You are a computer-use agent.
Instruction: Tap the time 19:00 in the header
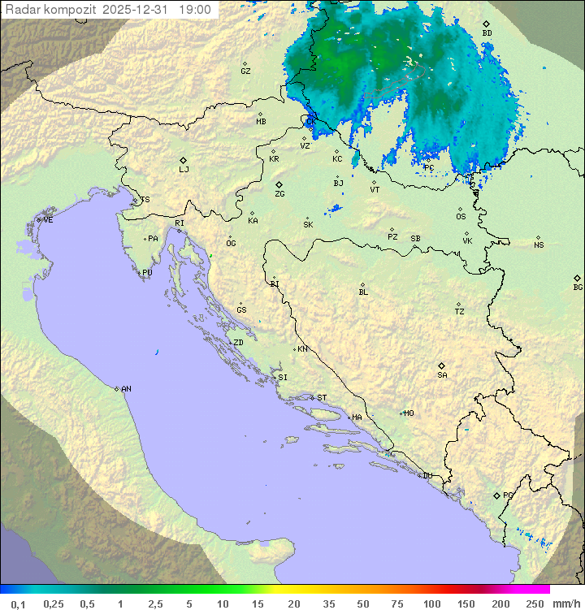pos(194,10)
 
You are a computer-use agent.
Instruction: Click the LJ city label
pos(184,170)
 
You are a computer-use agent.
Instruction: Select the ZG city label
pos(279,194)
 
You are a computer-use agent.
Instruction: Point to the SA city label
pos(442,375)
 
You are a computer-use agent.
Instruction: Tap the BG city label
pos(578,287)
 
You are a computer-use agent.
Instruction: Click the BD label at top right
pos(487,33)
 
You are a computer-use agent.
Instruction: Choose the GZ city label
pos(245,71)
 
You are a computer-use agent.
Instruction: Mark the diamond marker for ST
pos(312,397)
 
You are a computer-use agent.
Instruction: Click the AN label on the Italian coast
pos(126,389)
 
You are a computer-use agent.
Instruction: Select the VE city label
pos(48,220)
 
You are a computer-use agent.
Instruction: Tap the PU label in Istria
pos(147,273)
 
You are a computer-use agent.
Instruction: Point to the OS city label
pos(461,217)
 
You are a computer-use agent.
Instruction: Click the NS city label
pos(539,245)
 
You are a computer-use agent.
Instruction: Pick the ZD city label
pos(238,343)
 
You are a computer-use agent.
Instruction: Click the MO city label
pos(409,413)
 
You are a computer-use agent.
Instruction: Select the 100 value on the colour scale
pos(431,604)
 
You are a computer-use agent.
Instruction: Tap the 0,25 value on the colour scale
pos(54,604)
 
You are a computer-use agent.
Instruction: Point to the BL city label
pos(363,292)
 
